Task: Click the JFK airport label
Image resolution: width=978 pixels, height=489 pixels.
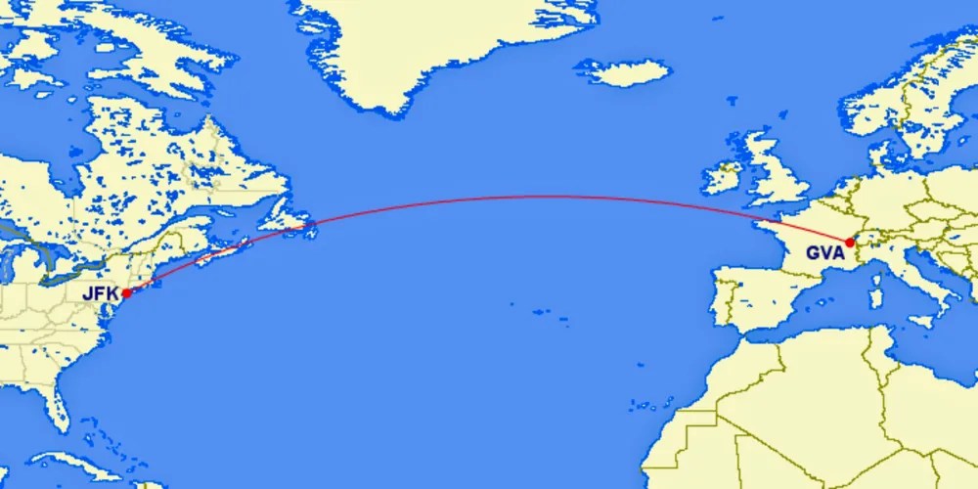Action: click(101, 291)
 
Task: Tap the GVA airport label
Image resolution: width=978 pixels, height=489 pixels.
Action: click(824, 253)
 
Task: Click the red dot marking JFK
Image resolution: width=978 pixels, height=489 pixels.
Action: click(127, 292)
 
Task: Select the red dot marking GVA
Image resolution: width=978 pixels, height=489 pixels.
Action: click(850, 243)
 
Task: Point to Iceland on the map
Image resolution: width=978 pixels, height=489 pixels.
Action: click(622, 71)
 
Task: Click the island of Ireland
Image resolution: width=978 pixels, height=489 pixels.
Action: click(721, 177)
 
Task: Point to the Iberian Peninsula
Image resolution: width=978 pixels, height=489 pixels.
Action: click(758, 293)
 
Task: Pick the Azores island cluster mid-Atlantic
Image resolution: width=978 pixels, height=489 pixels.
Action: click(544, 312)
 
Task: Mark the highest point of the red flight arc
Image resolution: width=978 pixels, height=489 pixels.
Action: click(518, 197)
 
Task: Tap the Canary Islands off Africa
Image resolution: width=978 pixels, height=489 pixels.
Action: click(640, 402)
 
